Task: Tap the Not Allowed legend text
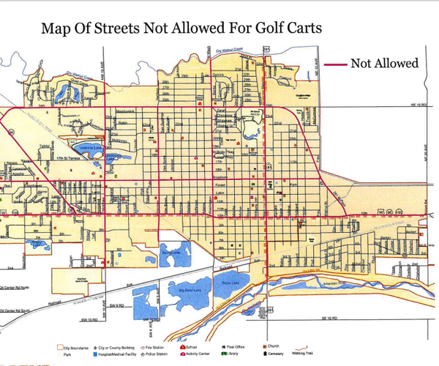pos(384,63)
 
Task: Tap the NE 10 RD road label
pos(418,105)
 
